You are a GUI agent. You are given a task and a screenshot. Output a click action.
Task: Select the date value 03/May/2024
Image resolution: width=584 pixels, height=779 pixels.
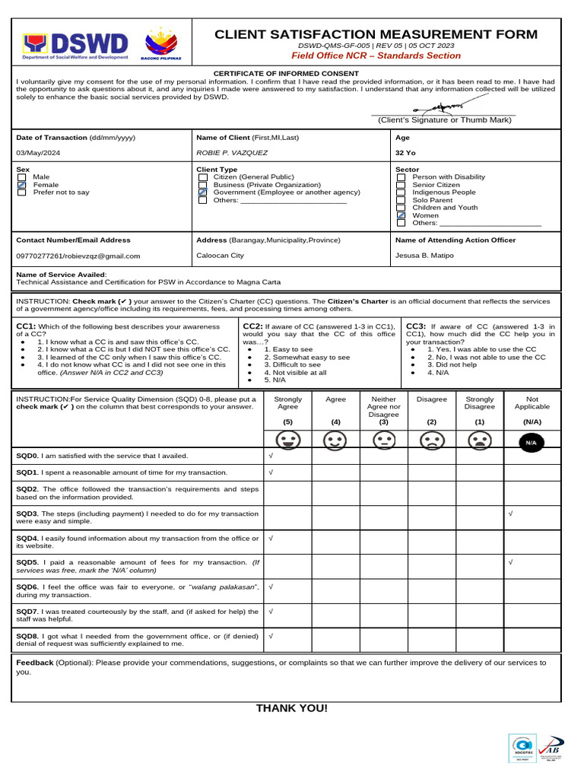(38, 152)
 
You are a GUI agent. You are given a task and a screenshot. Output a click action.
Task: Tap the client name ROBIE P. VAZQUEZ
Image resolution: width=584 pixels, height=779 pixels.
(232, 152)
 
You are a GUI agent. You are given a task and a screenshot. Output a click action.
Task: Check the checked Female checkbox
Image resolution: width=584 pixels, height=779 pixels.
(21, 185)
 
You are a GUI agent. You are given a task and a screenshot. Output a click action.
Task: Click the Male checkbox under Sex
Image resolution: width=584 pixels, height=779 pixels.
(21, 177)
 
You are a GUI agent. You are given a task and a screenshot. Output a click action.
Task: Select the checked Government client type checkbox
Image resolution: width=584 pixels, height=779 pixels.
(202, 192)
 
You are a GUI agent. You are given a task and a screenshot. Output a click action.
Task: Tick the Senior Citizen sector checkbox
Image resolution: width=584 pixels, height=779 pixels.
(401, 185)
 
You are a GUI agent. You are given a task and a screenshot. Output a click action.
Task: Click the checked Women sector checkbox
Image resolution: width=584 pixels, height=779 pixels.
(401, 215)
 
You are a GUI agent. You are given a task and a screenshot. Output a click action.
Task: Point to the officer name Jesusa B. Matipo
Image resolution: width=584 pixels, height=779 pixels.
(424, 256)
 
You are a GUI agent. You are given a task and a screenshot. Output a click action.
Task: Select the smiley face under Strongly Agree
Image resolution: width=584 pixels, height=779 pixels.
(287, 440)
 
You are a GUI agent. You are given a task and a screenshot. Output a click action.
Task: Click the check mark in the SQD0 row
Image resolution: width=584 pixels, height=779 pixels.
(271, 455)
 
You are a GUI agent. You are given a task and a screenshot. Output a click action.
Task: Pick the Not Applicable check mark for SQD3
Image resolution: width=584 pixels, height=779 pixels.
(510, 514)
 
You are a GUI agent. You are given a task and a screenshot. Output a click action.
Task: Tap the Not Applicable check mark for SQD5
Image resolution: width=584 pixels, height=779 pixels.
(510, 561)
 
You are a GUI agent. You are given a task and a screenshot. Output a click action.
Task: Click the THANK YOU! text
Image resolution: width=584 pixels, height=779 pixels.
(292, 708)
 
